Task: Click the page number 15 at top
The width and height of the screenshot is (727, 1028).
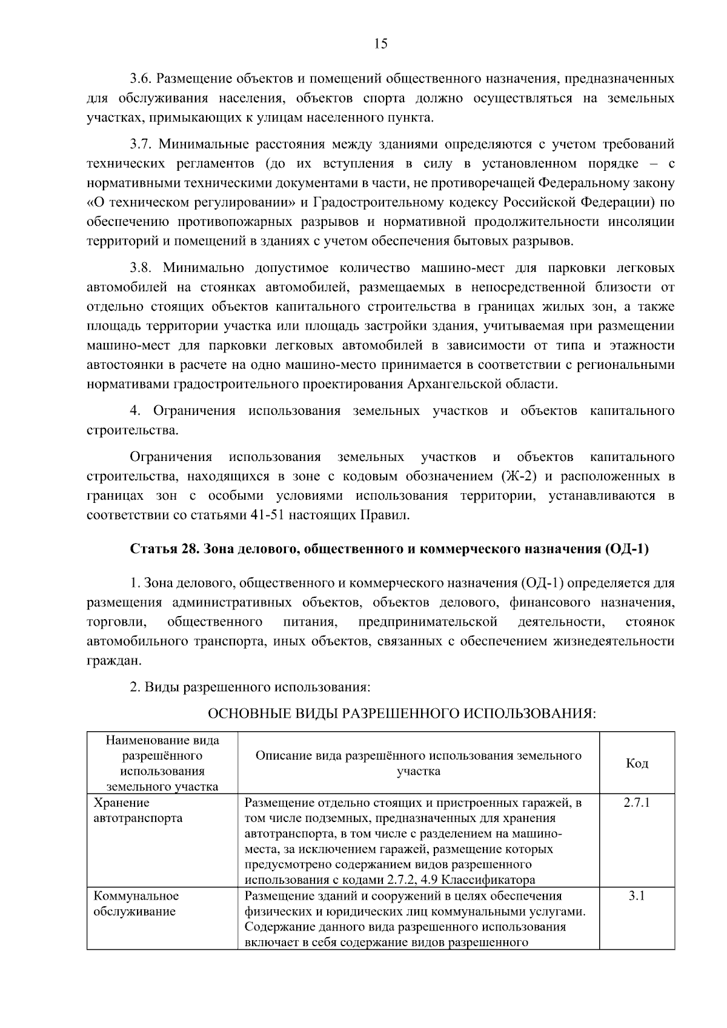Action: (380, 44)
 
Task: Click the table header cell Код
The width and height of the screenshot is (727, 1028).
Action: (637, 763)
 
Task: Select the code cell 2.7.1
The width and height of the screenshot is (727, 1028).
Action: (637, 803)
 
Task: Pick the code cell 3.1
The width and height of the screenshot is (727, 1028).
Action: (637, 896)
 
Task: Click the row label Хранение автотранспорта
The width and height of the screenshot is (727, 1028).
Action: (138, 811)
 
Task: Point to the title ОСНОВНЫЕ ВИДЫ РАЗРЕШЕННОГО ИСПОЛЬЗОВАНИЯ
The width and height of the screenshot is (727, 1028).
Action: (402, 714)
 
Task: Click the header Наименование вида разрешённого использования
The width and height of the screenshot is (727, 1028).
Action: (162, 763)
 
